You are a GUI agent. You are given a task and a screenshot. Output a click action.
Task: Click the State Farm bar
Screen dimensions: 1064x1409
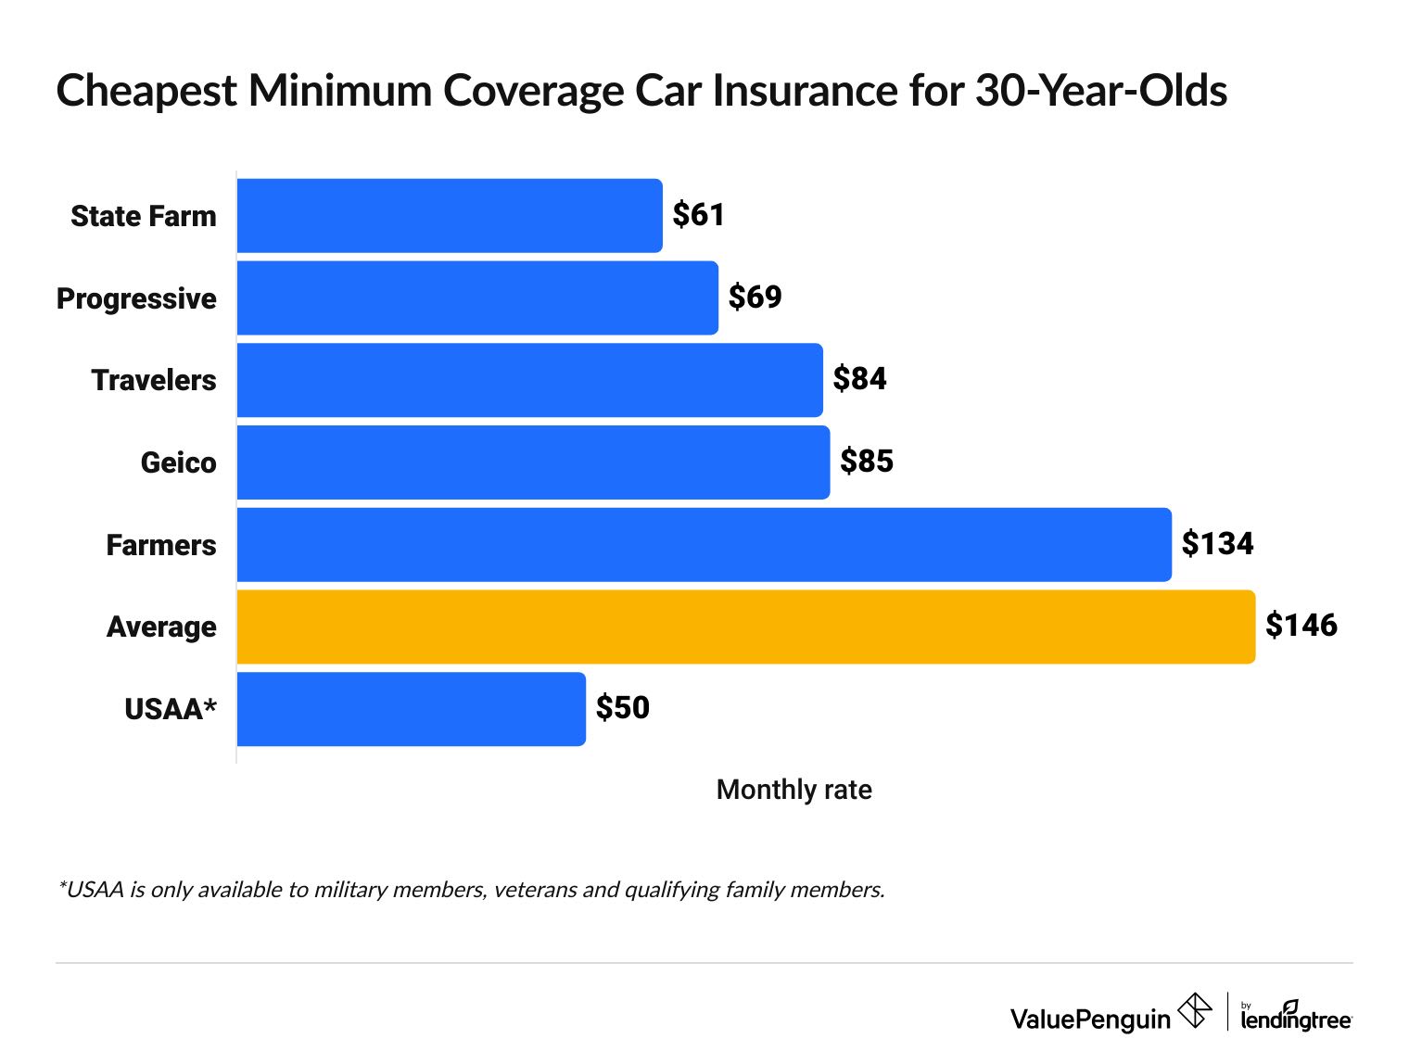(450, 216)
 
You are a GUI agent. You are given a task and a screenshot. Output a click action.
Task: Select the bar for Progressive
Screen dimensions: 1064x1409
(477, 298)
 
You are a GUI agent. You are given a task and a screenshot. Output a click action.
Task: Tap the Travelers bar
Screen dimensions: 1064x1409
(529, 380)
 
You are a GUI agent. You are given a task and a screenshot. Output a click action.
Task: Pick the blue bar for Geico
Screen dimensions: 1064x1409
(533, 462)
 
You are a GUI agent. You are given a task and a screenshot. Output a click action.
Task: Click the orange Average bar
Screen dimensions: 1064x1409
(746, 627)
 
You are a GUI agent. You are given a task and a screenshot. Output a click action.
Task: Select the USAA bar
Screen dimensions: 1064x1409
(411, 709)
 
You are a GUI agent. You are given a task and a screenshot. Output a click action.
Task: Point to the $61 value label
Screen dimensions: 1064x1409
(698, 215)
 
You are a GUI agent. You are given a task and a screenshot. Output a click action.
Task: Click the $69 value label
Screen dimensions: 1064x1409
(755, 298)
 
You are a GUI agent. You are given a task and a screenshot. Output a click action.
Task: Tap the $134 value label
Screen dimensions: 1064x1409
(1217, 544)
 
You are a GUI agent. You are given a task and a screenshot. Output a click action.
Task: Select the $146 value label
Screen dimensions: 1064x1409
(1301, 626)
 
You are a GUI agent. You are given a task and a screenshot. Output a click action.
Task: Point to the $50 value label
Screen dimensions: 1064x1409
(622, 708)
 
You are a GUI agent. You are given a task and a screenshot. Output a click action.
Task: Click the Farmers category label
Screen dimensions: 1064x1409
(160, 545)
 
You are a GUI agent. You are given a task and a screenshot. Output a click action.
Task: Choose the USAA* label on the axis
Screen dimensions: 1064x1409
(171, 709)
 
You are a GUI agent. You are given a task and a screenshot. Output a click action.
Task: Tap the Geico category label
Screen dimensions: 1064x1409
(178, 462)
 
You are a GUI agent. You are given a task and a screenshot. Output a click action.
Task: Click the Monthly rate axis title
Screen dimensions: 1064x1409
(793, 790)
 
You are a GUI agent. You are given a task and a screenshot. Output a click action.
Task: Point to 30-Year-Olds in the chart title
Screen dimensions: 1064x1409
(1100, 92)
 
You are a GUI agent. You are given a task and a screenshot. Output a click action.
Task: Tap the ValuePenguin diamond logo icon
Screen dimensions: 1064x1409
(1194, 1010)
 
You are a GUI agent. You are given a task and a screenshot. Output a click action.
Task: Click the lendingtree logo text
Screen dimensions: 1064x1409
(1296, 1019)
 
